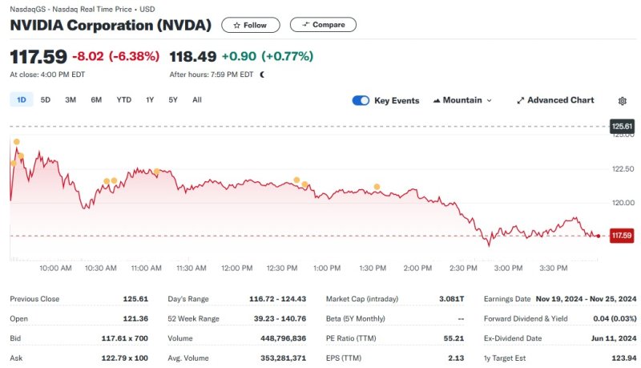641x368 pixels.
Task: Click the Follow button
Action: pos(250,25)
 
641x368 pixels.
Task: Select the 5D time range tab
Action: pos(46,100)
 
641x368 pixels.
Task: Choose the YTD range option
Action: pos(123,100)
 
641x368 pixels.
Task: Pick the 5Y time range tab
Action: pos(173,100)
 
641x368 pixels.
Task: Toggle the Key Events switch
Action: pos(361,101)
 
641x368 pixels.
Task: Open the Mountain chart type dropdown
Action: pos(462,101)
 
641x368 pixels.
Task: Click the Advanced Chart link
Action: pos(555,101)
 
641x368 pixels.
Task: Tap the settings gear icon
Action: pos(623,101)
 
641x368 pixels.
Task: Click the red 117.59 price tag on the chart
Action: pos(621,236)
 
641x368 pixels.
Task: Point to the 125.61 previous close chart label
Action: pos(622,127)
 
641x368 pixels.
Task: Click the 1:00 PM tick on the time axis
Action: pos(327,268)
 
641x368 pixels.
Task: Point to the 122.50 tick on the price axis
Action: pos(622,168)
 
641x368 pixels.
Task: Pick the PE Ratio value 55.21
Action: pos(454,338)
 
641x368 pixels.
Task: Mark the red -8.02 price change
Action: pos(88,56)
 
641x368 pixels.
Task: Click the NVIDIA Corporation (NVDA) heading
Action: pos(111,25)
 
